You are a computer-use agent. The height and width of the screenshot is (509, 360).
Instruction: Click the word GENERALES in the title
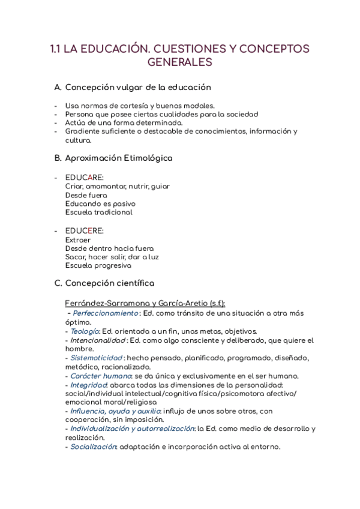pyautogui.click(x=179, y=62)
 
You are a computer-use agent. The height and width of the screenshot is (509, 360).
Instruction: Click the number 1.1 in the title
pyautogui.click(x=55, y=49)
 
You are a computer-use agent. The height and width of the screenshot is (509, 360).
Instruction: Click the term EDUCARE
pyautogui.click(x=84, y=178)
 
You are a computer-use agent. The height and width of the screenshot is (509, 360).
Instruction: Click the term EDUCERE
pyautogui.click(x=84, y=231)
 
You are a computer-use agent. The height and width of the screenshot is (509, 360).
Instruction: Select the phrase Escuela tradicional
pyautogui.click(x=99, y=212)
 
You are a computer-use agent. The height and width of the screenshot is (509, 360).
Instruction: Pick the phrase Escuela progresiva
pyautogui.click(x=98, y=266)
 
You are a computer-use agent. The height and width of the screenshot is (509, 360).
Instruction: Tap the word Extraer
pyautogui.click(x=78, y=239)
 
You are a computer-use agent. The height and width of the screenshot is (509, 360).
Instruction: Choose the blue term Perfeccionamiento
pyautogui.click(x=106, y=313)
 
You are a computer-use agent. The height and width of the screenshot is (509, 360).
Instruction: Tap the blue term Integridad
pyautogui.click(x=89, y=385)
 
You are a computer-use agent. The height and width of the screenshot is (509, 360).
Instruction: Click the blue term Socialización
pyautogui.click(x=94, y=447)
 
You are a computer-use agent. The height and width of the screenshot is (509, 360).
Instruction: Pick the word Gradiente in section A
pyautogui.click(x=83, y=131)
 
